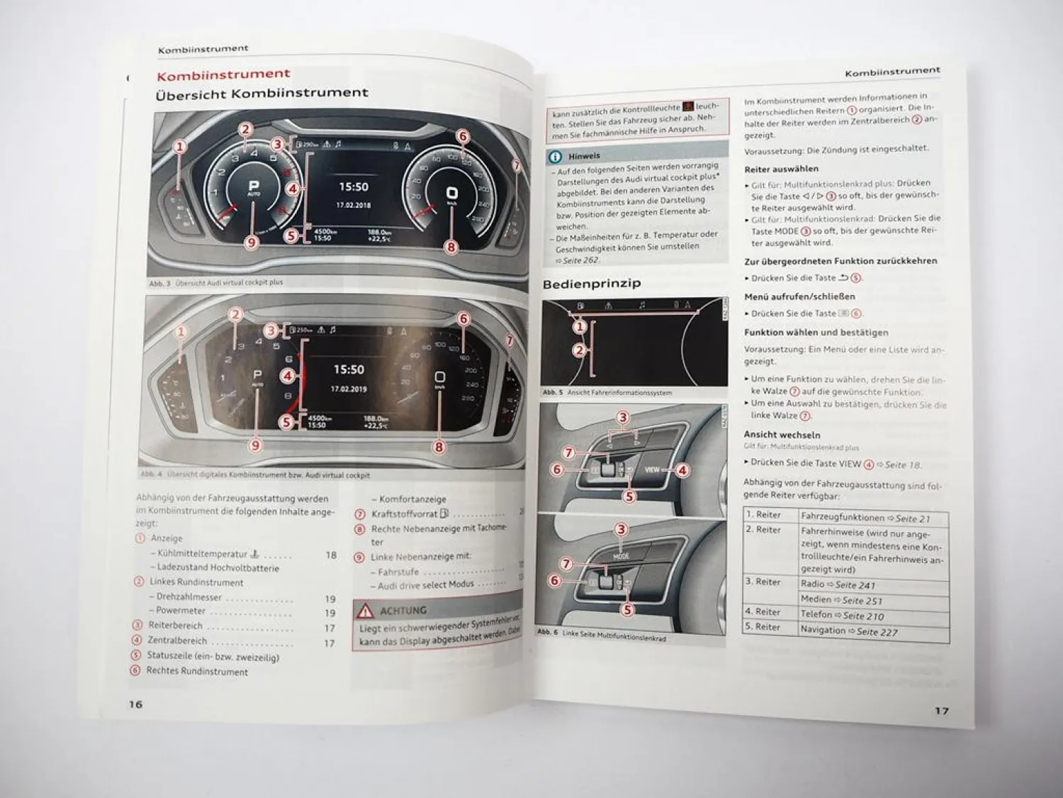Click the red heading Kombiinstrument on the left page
[223, 74]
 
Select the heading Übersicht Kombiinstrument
[261, 93]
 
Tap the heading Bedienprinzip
[591, 284]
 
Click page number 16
[135, 704]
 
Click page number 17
[940, 710]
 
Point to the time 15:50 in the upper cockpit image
[353, 187]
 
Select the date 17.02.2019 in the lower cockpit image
[348, 389]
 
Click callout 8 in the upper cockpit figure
[451, 248]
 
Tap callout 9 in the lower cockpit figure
[256, 445]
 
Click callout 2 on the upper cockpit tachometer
[245, 129]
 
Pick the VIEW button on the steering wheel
[652, 470]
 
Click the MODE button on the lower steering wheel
[621, 555]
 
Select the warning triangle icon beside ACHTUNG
[365, 610]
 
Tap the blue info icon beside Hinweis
[556, 157]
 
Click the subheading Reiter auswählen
[781, 169]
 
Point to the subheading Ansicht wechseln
[782, 434]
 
